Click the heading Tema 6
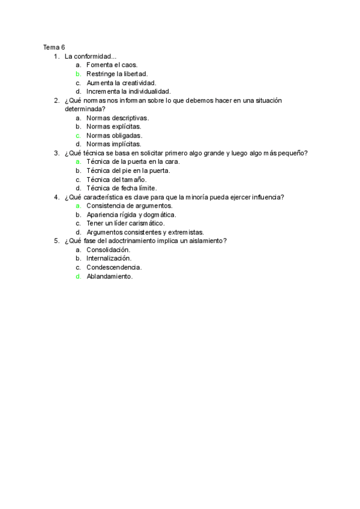pyautogui.click(x=54, y=47)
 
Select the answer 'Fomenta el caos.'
pyautogui.click(x=112, y=65)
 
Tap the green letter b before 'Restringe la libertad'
pyautogui.click(x=78, y=74)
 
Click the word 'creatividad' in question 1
pyautogui.click(x=138, y=83)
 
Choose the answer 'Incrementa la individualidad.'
pyautogui.click(x=128, y=91)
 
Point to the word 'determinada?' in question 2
pyautogui.click(x=85, y=109)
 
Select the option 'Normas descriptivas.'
pyautogui.click(x=118, y=118)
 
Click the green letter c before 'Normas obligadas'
pyautogui.click(x=78, y=136)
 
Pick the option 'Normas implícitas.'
pyautogui.click(x=114, y=144)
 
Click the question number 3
pyautogui.click(x=56, y=153)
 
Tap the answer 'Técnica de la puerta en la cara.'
pyautogui.click(x=133, y=162)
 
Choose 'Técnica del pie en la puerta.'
pyautogui.click(x=128, y=170)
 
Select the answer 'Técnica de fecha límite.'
pyautogui.click(x=122, y=188)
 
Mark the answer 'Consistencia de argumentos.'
pyautogui.click(x=129, y=206)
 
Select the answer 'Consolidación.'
pyautogui.click(x=109, y=250)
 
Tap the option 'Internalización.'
pyautogui.click(x=109, y=259)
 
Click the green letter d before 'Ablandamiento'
pyautogui.click(x=78, y=277)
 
